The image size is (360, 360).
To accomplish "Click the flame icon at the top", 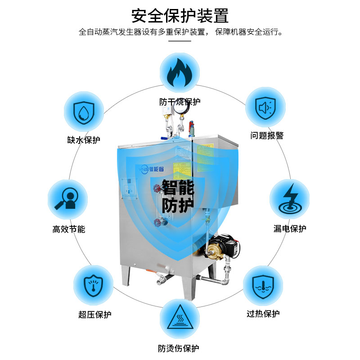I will point(180,73).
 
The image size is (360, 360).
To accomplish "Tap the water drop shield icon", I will point(84,111).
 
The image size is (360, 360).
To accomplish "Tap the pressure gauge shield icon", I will point(94,285).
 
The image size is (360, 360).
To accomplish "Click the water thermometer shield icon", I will point(263,285).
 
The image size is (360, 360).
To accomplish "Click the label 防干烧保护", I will point(180,102).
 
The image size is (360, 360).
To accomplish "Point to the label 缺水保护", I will point(84,140).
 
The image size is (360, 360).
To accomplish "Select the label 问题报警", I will point(267,136).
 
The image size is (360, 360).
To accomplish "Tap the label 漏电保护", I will point(290,229).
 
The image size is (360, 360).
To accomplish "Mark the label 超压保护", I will point(94,315).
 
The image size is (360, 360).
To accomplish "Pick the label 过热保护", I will point(263,314).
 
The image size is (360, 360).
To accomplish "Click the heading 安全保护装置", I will point(180,16).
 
